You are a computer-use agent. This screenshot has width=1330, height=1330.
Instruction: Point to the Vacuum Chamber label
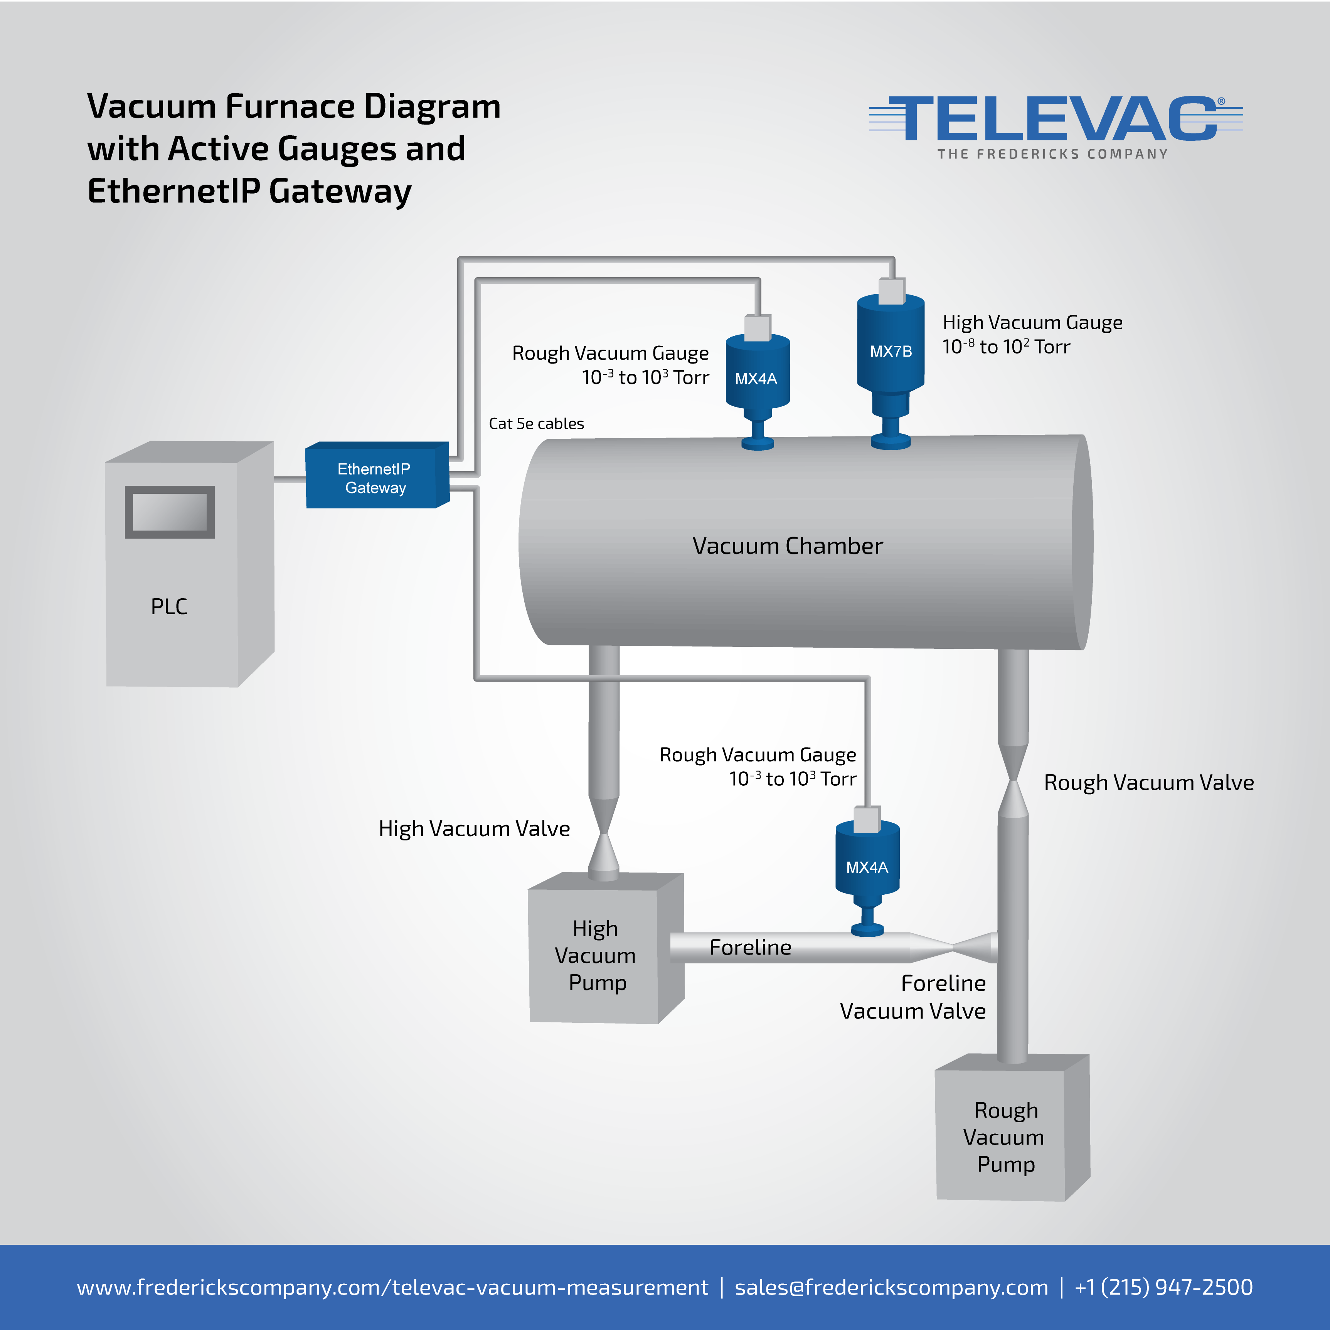(x=788, y=546)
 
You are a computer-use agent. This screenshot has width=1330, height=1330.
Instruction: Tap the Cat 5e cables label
(x=536, y=423)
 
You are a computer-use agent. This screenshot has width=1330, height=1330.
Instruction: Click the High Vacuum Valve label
(x=474, y=828)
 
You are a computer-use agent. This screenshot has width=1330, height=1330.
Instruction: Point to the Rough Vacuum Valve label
(x=1149, y=782)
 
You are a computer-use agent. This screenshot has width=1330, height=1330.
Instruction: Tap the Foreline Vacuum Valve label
(x=913, y=997)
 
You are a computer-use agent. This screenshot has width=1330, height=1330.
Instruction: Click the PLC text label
(x=169, y=606)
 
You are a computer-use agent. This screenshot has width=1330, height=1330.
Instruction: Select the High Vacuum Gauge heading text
(x=1033, y=322)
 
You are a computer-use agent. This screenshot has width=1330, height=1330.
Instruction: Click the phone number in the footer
(x=1163, y=1287)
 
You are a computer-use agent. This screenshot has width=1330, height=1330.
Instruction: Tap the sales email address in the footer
(x=891, y=1287)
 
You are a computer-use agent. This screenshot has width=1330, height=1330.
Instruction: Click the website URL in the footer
(x=392, y=1287)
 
